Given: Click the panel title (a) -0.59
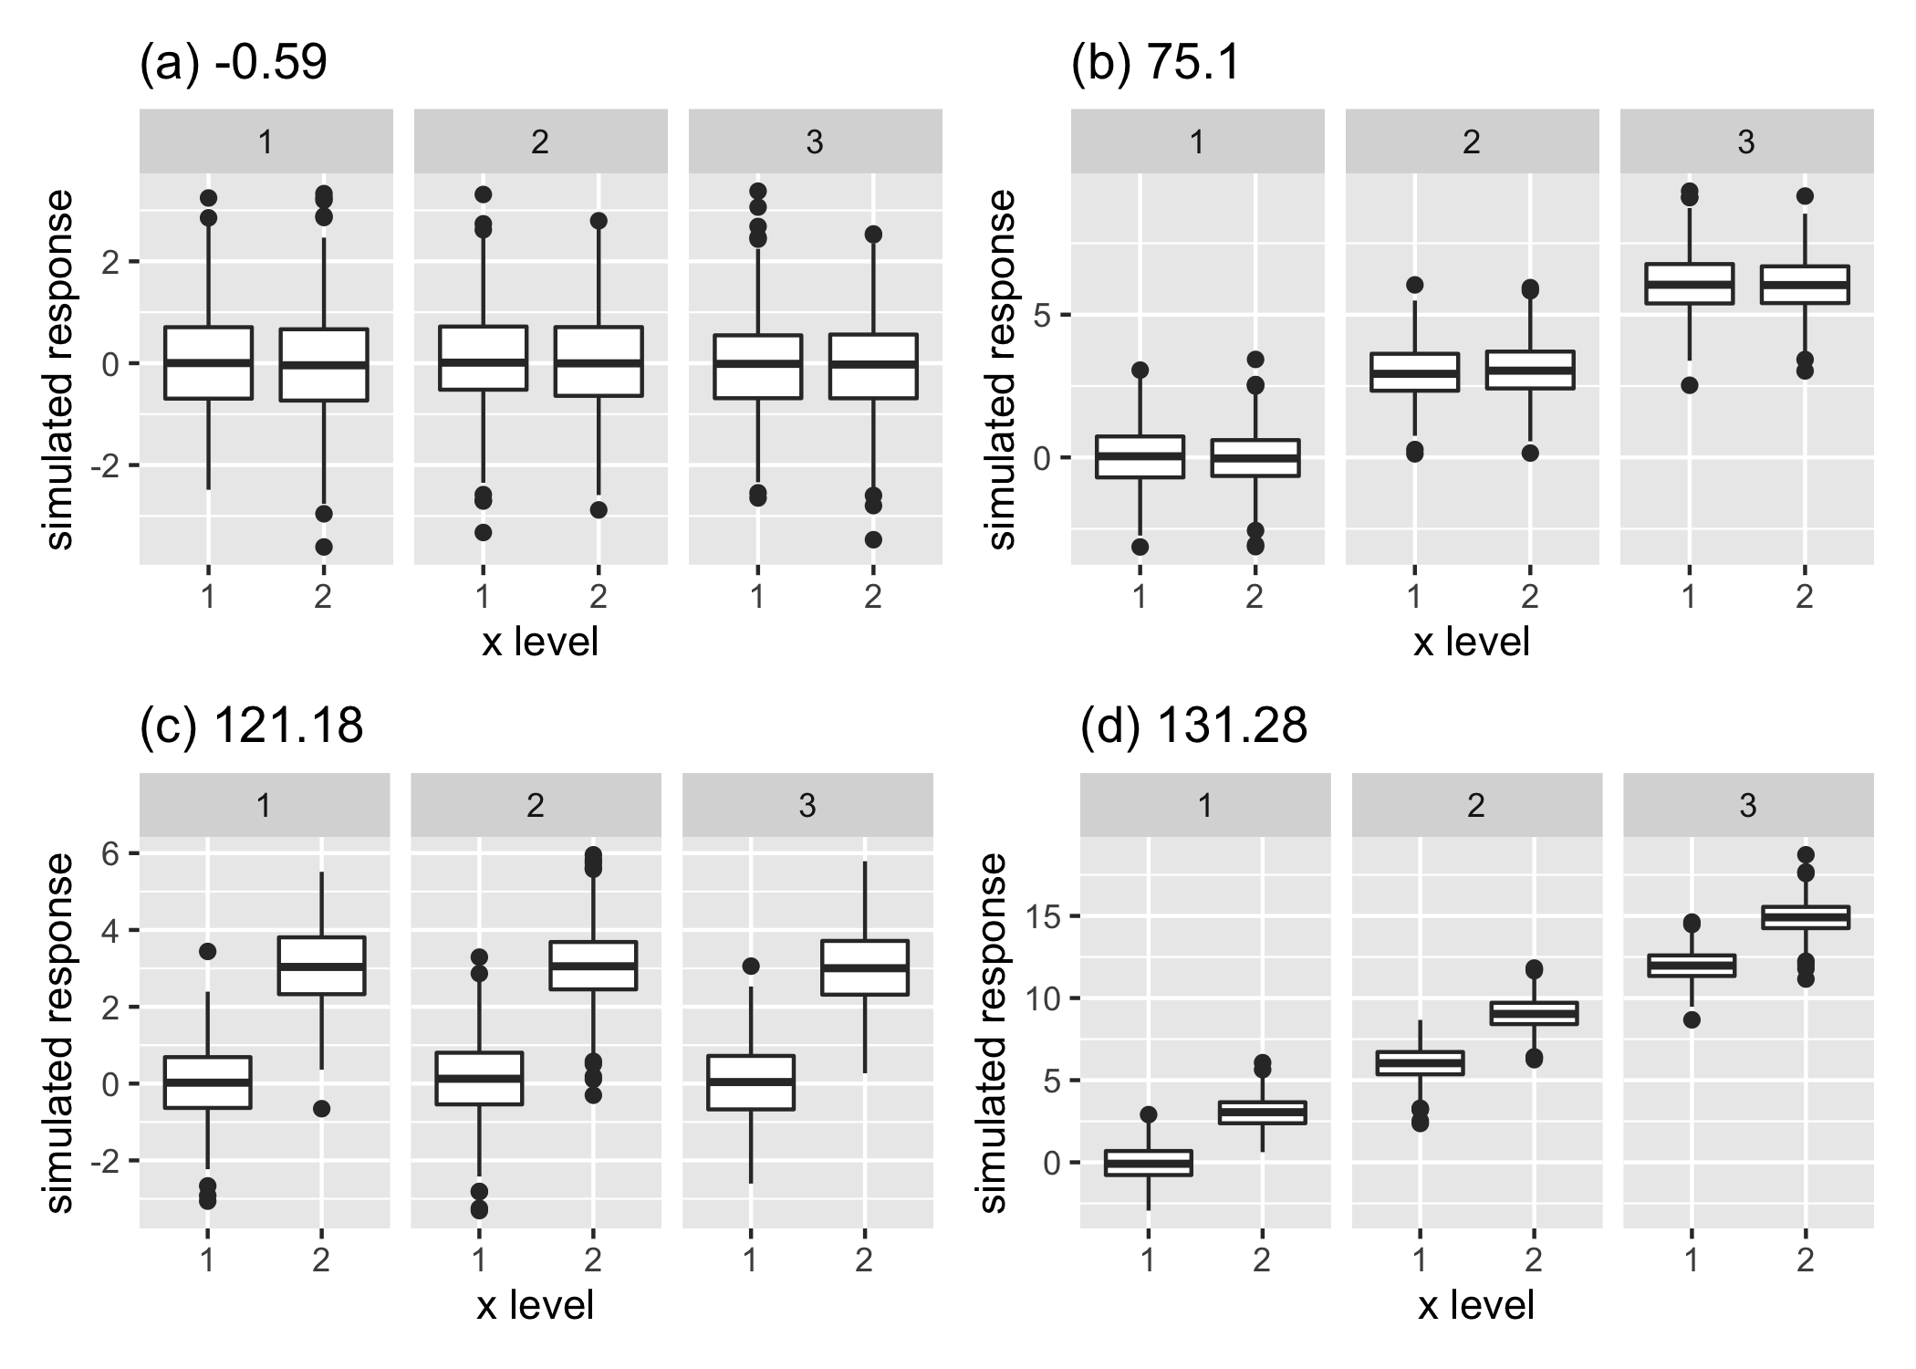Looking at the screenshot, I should pyautogui.click(x=233, y=65).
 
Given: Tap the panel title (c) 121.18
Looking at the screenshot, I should pyautogui.click(x=251, y=727).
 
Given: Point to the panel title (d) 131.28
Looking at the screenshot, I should pyautogui.click(x=1193, y=727).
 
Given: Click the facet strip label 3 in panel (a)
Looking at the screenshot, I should pyautogui.click(x=815, y=142).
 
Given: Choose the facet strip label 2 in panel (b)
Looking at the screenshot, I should pyautogui.click(x=1472, y=142).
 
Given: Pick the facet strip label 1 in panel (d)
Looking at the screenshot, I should pyautogui.click(x=1204, y=806).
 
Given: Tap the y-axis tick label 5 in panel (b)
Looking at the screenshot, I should pyautogui.click(x=1041, y=316).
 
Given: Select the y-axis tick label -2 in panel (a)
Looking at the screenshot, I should pyautogui.click(x=106, y=465).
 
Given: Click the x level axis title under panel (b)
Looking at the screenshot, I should pyautogui.click(x=1471, y=643).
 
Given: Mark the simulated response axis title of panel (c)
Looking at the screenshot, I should pyautogui.click(x=60, y=1032).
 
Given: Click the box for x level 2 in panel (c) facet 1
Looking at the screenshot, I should pyautogui.click(x=321, y=966).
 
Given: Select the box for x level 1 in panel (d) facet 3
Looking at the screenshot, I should pyautogui.click(x=1692, y=966).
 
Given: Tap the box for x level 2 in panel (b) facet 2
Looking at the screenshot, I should pyautogui.click(x=1530, y=370).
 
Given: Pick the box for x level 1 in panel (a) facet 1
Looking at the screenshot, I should pyautogui.click(x=208, y=362).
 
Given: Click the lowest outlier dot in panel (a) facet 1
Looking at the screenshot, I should pyautogui.click(x=323, y=547).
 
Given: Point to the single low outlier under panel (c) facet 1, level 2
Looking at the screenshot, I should pyautogui.click(x=321, y=1109).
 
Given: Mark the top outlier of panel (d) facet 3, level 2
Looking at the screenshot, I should pyautogui.click(x=1805, y=855).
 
